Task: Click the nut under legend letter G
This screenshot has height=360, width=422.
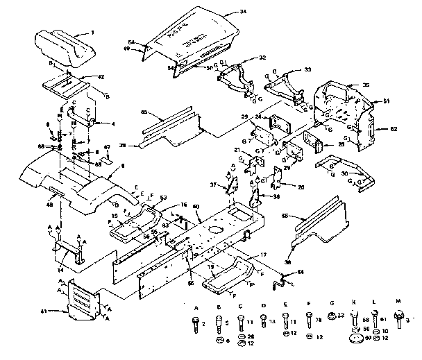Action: point(332,318)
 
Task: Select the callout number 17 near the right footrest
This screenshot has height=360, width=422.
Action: point(262,255)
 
